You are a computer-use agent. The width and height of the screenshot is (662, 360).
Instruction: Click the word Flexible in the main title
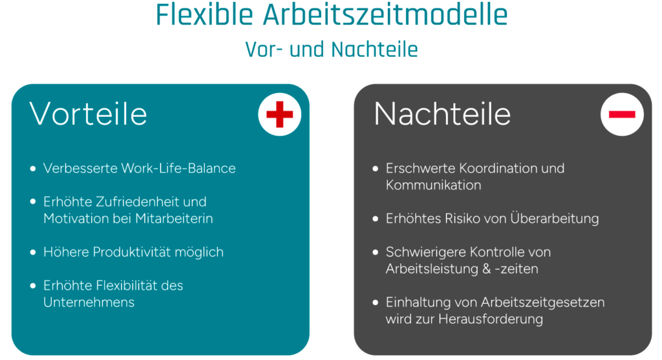tap(204, 15)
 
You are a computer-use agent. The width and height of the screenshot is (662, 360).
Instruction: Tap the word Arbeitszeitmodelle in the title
tap(385, 15)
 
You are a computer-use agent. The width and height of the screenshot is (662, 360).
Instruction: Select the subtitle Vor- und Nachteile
tap(332, 49)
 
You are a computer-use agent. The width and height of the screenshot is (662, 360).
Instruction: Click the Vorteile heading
tap(88, 114)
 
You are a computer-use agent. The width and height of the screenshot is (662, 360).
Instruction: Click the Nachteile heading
tap(442, 114)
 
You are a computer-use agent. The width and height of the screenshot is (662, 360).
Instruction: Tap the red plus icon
tap(279, 114)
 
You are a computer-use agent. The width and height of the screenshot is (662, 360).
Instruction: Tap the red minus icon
tap(622, 114)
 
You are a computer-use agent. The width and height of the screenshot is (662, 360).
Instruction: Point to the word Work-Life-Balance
tap(178, 169)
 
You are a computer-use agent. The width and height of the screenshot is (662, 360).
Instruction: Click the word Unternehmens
tap(89, 302)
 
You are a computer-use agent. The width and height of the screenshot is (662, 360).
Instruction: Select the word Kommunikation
tap(433, 185)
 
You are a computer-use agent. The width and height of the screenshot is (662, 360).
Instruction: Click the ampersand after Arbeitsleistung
tap(486, 269)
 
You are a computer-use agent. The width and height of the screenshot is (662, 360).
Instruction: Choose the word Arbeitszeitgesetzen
tap(543, 302)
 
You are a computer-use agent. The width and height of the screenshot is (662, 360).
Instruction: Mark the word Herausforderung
tap(491, 319)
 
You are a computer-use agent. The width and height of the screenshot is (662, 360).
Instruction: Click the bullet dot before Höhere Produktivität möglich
tap(33, 252)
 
